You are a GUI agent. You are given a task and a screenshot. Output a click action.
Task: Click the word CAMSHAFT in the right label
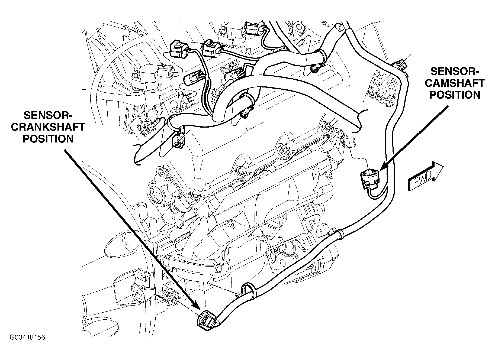(x=455, y=83)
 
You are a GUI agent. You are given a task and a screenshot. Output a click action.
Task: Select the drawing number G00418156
(x=27, y=338)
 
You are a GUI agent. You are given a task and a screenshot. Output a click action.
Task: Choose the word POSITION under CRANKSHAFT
(x=48, y=139)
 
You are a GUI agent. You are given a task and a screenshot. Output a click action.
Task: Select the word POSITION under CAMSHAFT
(x=455, y=95)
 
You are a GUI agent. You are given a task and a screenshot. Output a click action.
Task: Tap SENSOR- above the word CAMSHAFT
(x=455, y=72)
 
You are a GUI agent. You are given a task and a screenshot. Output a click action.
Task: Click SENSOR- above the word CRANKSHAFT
(x=48, y=116)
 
